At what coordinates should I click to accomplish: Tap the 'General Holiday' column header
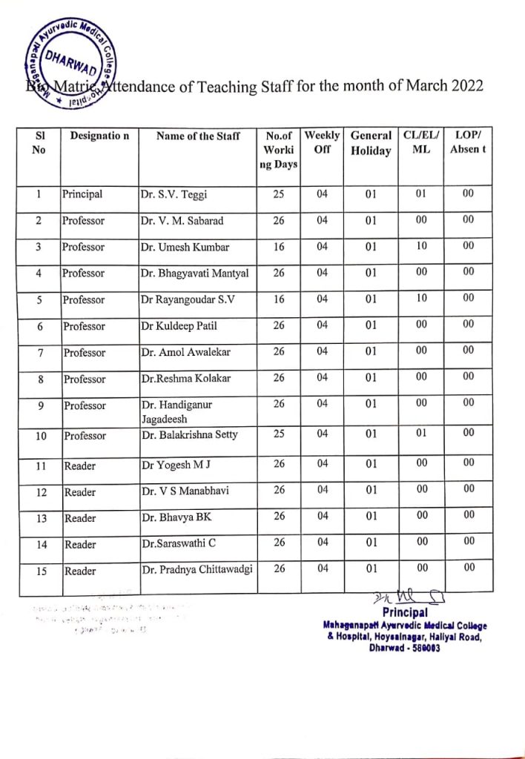[371, 143]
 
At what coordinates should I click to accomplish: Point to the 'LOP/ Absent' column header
[468, 142]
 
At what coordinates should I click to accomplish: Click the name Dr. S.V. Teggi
[174, 195]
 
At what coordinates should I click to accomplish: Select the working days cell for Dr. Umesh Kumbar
[279, 248]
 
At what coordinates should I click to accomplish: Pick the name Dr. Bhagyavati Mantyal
[194, 274]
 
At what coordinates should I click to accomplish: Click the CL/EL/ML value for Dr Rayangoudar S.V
[421, 299]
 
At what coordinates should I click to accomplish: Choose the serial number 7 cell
[39, 353]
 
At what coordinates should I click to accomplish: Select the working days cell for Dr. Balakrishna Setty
[279, 434]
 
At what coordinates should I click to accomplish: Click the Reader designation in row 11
[80, 465]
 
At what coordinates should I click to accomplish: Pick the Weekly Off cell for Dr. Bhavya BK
[322, 517]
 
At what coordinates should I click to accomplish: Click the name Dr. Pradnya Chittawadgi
[197, 569]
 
